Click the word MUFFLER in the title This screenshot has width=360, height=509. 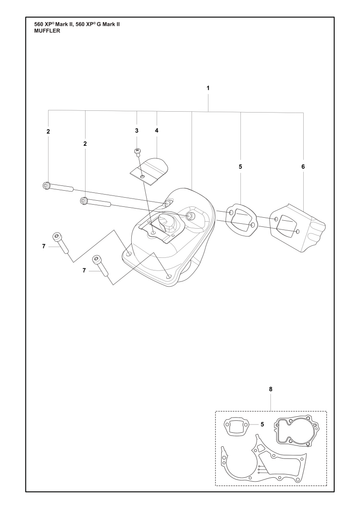pyautogui.click(x=47, y=31)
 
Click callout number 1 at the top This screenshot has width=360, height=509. pyautogui.click(x=208, y=88)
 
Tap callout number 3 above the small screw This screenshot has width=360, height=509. pyautogui.click(x=137, y=131)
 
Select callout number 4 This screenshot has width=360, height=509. pyautogui.click(x=157, y=131)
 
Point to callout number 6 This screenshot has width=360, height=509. pyautogui.click(x=303, y=166)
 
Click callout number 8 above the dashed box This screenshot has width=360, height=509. pyautogui.click(x=270, y=389)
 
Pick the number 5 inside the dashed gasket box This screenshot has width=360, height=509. pyautogui.click(x=262, y=424)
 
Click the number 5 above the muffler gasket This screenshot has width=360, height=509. pyautogui.click(x=240, y=166)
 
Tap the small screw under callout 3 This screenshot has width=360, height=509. pyautogui.click(x=137, y=152)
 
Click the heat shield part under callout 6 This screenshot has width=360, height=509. pyautogui.click(x=298, y=228)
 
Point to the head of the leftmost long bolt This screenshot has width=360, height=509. pyautogui.click(x=46, y=185)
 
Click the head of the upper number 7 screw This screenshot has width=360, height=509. pyautogui.click(x=56, y=237)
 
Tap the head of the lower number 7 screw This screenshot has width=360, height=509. pyautogui.click(x=97, y=259)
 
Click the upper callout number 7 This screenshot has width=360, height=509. pyautogui.click(x=44, y=246)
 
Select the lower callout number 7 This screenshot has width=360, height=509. pyautogui.click(x=84, y=270)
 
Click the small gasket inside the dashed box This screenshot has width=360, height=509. pyautogui.click(x=236, y=426)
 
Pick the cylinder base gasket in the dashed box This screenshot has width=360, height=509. pyautogui.click(x=296, y=430)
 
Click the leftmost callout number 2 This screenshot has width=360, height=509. pyautogui.click(x=48, y=131)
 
